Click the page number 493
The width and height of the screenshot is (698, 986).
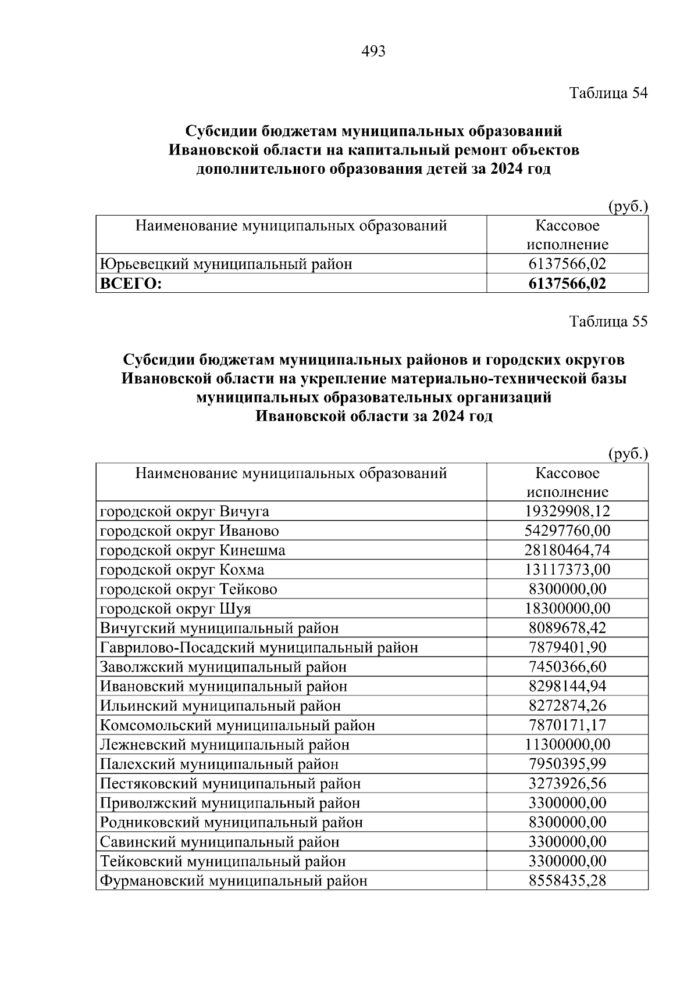(373, 52)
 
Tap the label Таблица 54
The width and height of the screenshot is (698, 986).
(608, 93)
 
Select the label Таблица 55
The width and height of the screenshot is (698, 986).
(608, 321)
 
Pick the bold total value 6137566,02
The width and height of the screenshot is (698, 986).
(567, 284)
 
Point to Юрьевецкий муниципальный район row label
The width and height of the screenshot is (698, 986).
(226, 264)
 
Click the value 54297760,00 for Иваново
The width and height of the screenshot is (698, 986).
(567, 530)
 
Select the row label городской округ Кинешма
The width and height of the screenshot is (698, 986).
(193, 550)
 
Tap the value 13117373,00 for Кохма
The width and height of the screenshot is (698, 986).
(567, 569)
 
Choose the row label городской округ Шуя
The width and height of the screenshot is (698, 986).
(176, 608)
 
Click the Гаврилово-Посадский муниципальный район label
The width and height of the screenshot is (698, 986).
(259, 647)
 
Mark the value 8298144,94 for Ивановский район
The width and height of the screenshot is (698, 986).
(567, 686)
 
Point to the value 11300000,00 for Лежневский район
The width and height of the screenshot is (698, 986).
(567, 744)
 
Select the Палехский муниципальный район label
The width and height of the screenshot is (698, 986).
(219, 764)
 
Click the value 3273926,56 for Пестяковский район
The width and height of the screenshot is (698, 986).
(567, 783)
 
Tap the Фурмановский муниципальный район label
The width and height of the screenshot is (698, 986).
(234, 881)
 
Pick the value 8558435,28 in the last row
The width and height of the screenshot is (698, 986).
(567, 881)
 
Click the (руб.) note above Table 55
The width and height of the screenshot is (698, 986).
(628, 453)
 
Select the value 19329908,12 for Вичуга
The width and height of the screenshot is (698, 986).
(567, 511)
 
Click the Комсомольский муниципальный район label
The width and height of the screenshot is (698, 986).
(237, 725)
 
